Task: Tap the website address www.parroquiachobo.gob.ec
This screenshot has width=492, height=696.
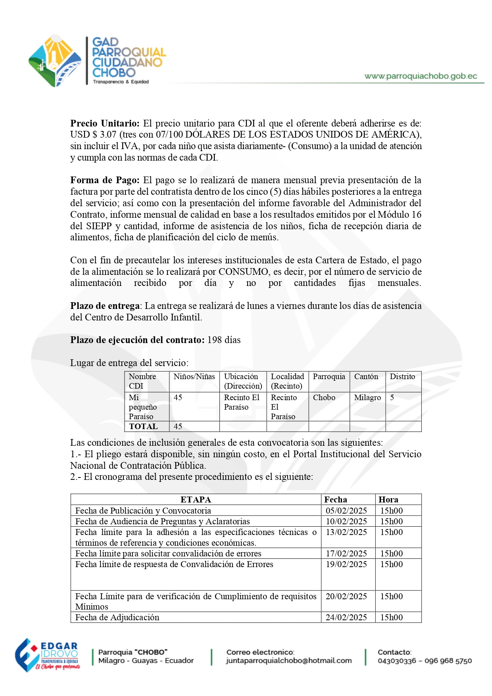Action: click(421, 76)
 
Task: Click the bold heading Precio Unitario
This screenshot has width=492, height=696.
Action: click(105, 123)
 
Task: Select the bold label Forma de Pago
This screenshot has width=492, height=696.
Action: click(105, 180)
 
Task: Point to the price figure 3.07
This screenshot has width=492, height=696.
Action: click(108, 135)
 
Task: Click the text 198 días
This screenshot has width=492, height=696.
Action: click(224, 340)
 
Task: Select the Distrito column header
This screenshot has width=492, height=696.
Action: click(402, 377)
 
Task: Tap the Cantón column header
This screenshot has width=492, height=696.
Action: click(366, 377)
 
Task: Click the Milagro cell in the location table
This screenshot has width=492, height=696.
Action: click(367, 397)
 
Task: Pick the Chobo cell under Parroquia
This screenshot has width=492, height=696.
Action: click(324, 397)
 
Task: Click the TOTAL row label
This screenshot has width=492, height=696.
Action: click(143, 426)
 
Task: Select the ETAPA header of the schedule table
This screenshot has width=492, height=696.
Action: click(196, 500)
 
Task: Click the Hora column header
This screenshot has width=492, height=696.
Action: click(388, 500)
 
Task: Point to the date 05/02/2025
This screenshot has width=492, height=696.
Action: click(346, 511)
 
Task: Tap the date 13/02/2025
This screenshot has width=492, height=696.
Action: click(346, 532)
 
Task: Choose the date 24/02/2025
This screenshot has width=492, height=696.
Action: click(346, 617)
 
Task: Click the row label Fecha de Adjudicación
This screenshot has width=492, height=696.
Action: click(117, 617)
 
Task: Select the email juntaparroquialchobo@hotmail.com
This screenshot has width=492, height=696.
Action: click(289, 661)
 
